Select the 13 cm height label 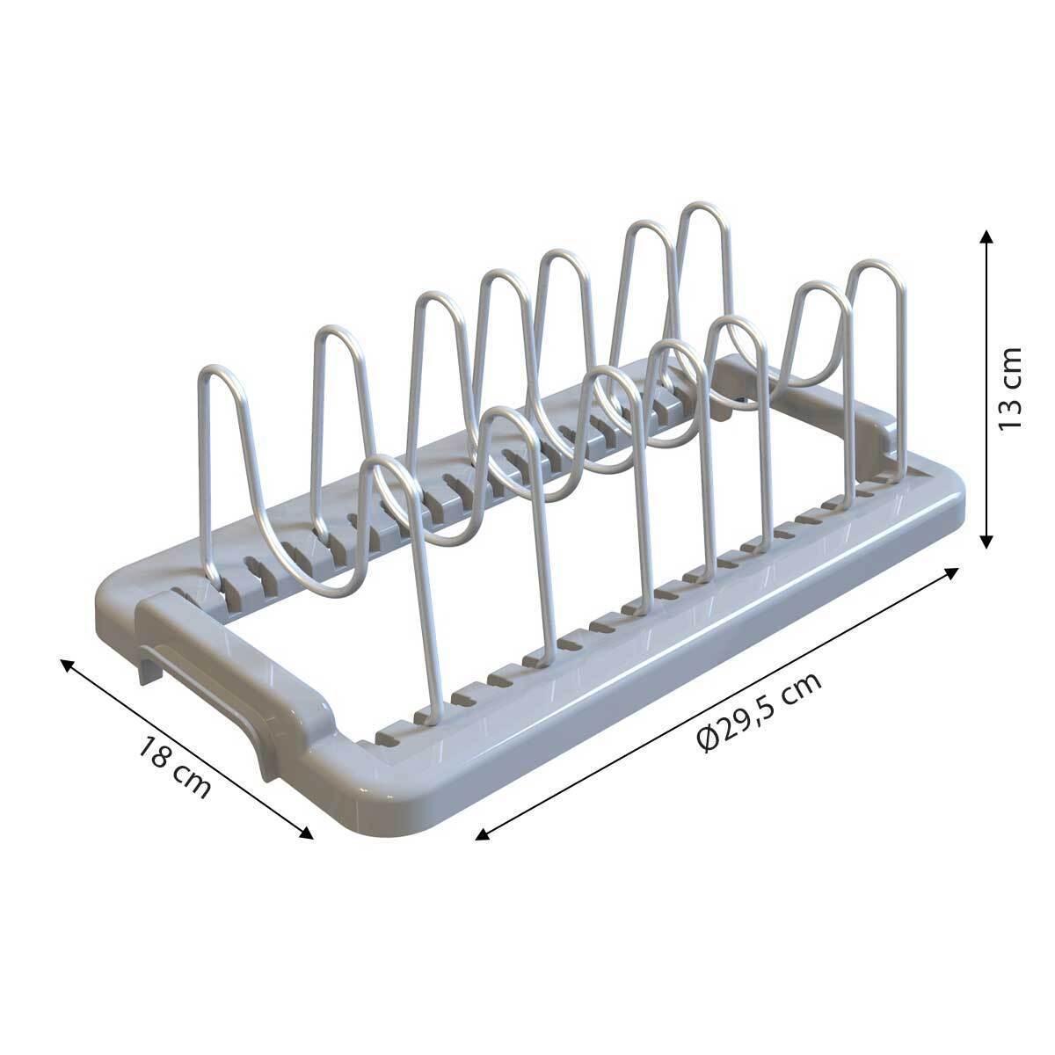click(x=1010, y=389)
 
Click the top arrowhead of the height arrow click(x=986, y=236)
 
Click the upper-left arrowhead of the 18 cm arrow click(x=67, y=666)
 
